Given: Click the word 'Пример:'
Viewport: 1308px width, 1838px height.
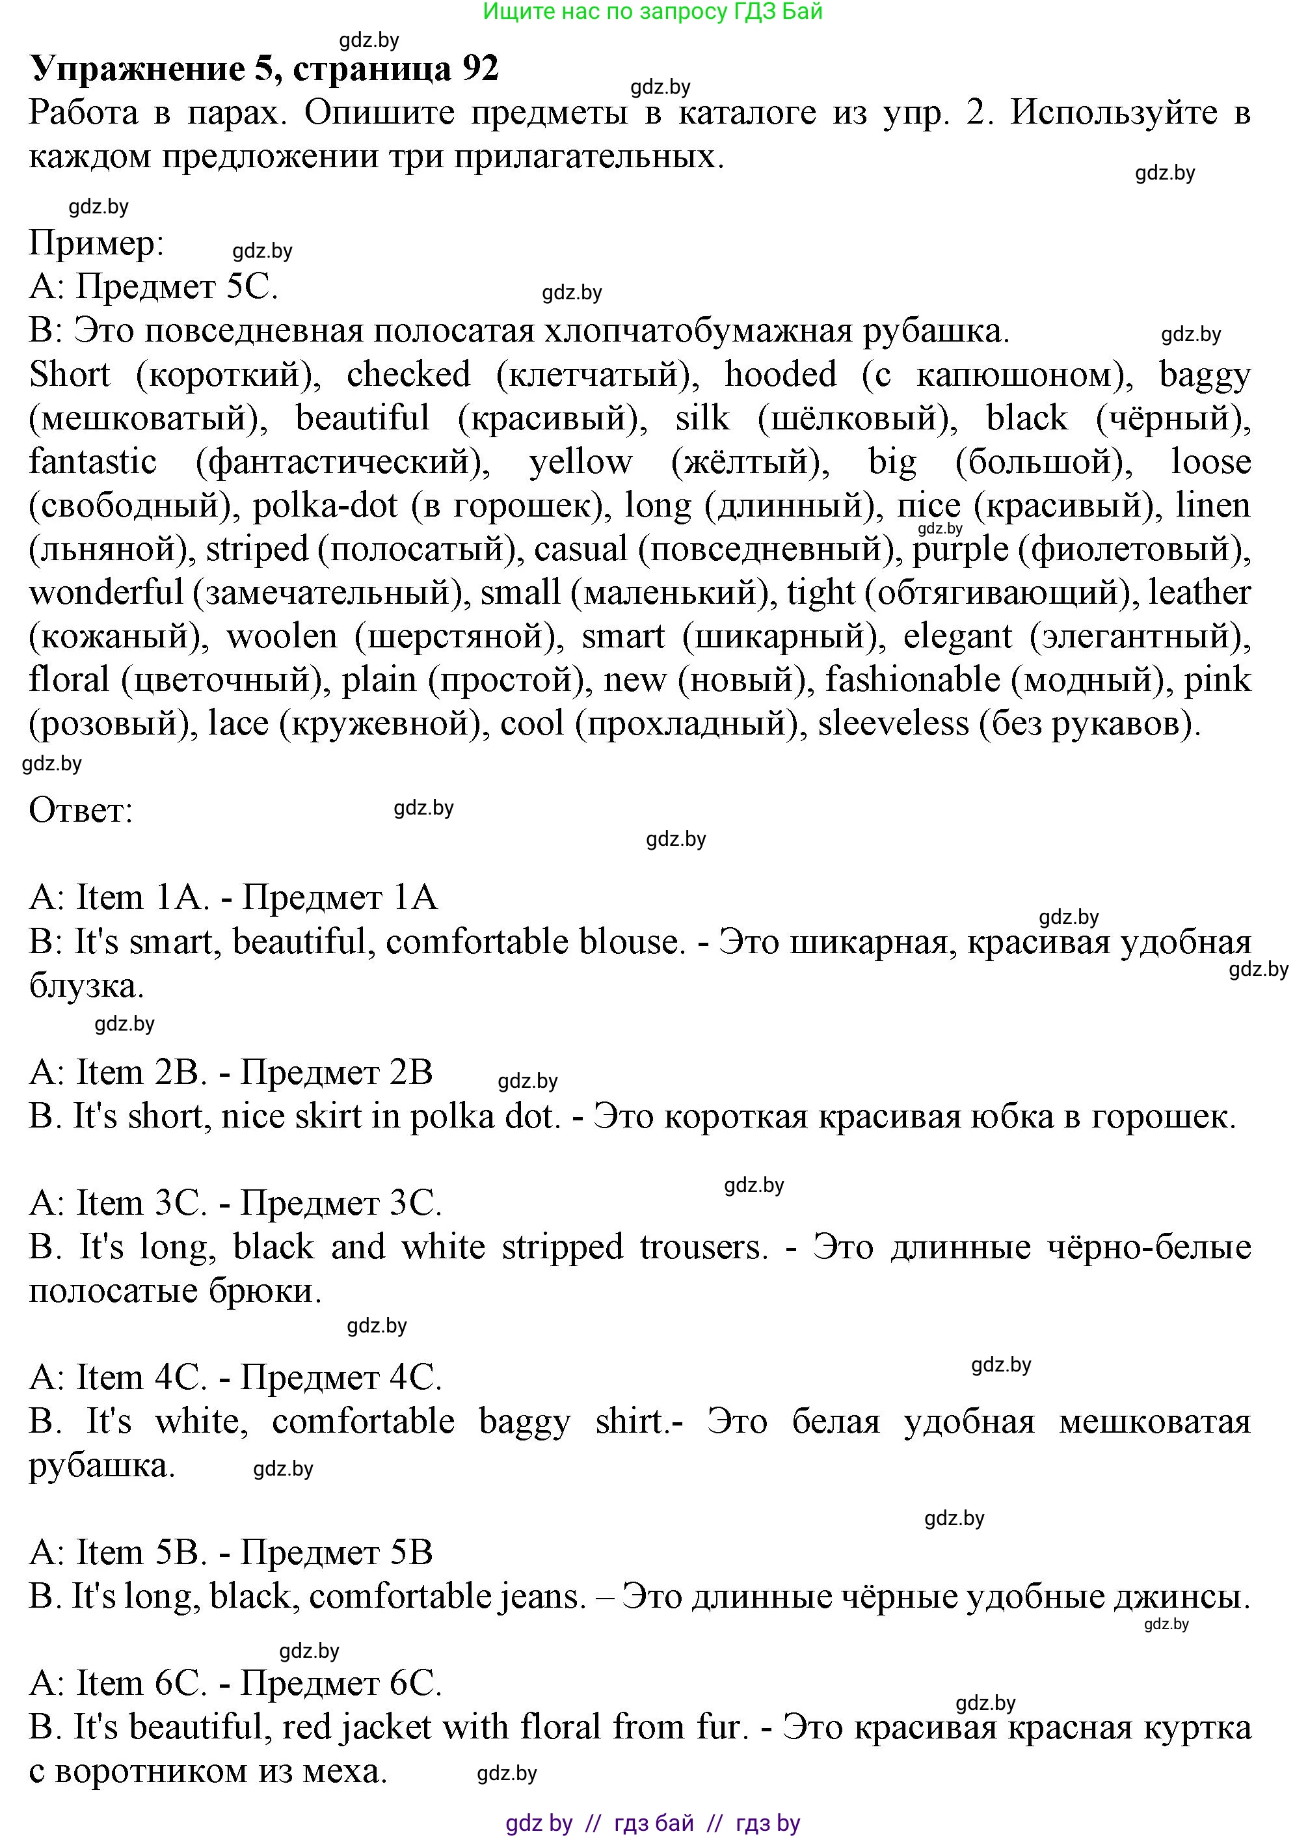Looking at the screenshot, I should click(97, 243).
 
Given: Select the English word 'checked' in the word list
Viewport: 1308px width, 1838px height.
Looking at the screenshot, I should click(408, 375).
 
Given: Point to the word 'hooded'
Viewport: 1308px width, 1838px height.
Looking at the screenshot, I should click(781, 375).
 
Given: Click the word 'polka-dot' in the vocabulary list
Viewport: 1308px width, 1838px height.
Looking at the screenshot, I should click(325, 506).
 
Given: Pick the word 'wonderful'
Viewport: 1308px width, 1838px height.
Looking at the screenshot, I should click(106, 593).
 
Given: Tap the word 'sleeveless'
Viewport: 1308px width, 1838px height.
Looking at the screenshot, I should click(893, 724).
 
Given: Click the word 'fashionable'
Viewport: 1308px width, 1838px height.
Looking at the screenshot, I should click(913, 681).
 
